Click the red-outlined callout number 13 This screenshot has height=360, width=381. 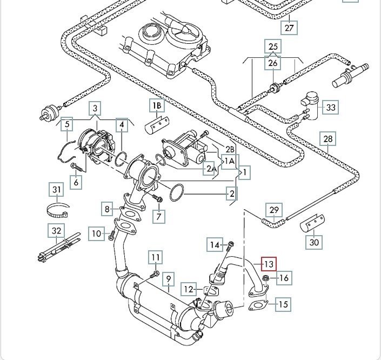coord(269,264)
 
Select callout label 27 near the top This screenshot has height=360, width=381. coord(289,28)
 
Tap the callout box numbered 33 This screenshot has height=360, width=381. coord(330,107)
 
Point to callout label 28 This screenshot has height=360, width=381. coord(328,139)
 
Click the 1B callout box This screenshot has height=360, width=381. coord(157,105)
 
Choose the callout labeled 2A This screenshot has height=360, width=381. coord(210,168)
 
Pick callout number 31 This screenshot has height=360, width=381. coord(57,190)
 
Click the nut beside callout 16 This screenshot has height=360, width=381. coord(265,278)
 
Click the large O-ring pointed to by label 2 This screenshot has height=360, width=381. coord(177,192)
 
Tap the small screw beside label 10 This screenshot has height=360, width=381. coord(112,235)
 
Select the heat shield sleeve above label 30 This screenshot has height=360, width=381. coord(312,223)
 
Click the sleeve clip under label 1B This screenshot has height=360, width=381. coord(157,125)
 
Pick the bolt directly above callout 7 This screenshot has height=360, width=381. coord(157,198)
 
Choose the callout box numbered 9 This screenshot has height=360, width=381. coord(169,278)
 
